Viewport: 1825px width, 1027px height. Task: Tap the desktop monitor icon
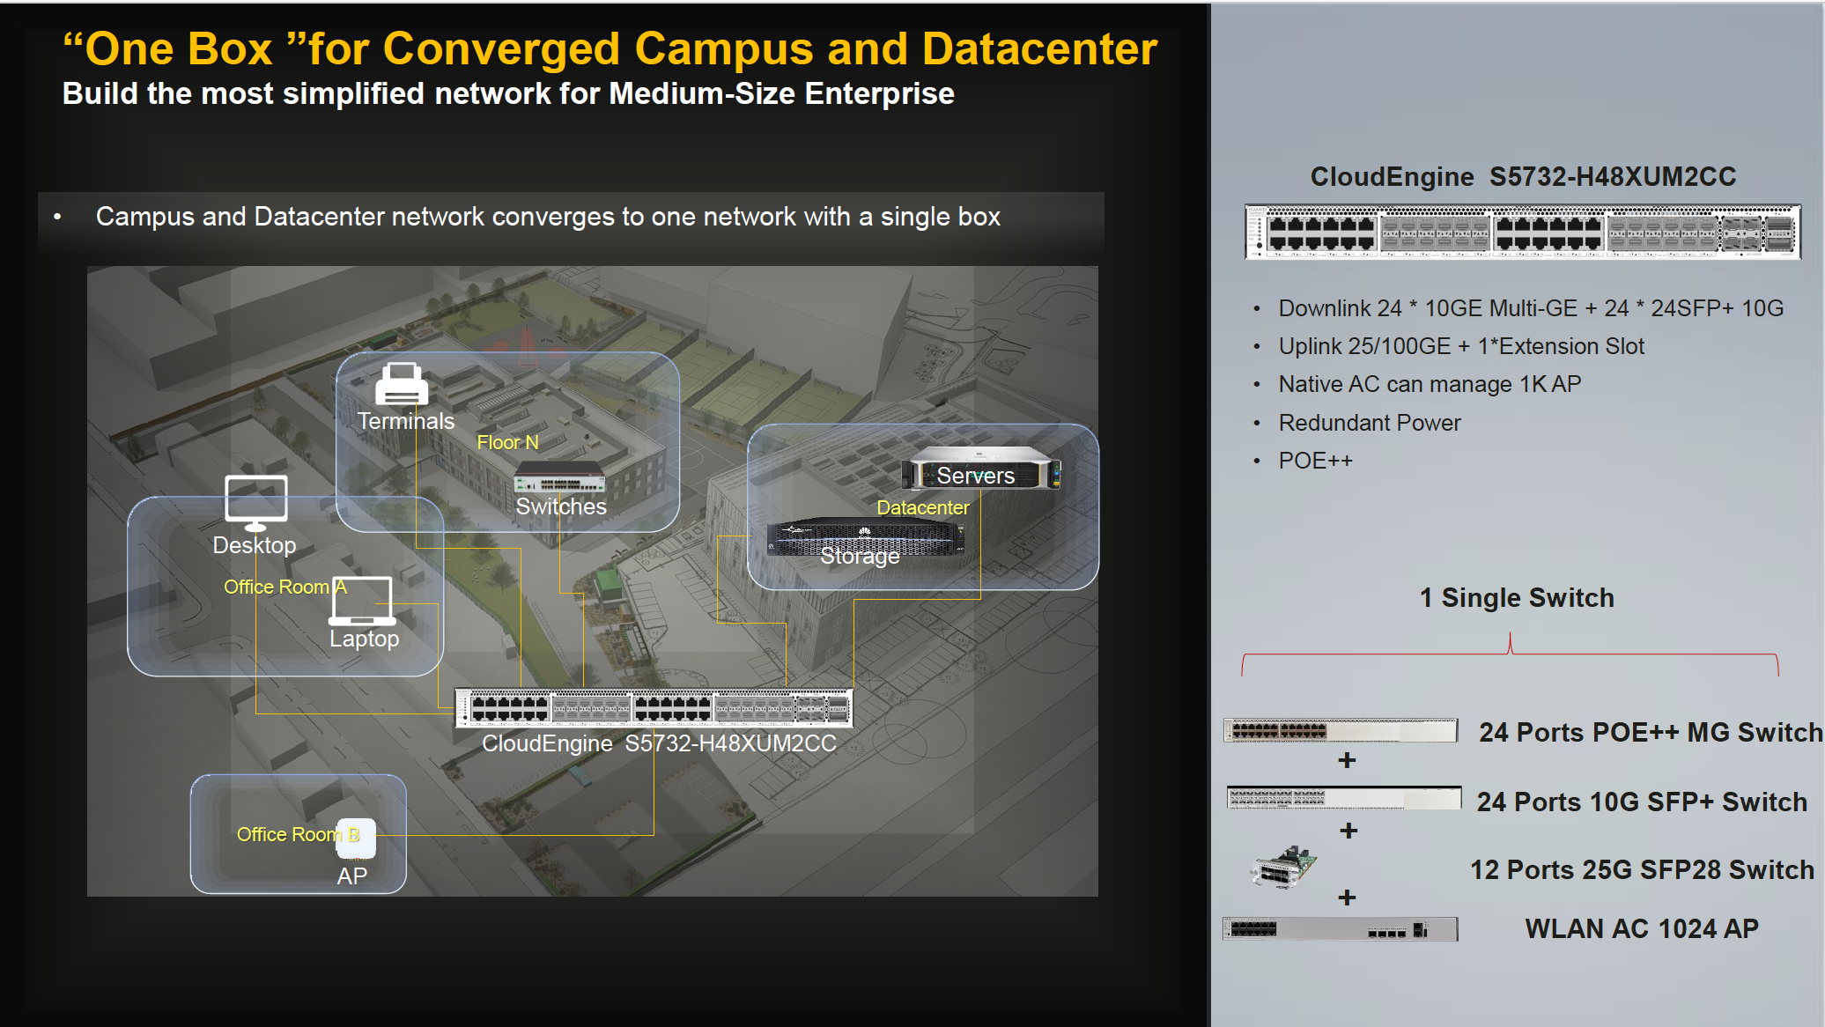click(255, 503)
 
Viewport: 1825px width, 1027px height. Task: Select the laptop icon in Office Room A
click(362, 601)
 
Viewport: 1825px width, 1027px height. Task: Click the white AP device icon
click(357, 839)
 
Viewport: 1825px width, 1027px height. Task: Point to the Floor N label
click(507, 442)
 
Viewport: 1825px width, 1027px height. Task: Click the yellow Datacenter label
click(922, 507)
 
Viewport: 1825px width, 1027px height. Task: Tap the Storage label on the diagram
click(860, 556)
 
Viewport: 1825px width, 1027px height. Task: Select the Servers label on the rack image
click(975, 476)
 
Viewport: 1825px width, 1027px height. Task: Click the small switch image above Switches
click(560, 477)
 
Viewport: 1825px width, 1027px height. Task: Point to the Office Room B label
click(298, 834)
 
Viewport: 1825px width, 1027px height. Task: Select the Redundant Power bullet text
click(1370, 423)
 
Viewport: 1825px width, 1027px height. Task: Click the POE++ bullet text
click(1315, 461)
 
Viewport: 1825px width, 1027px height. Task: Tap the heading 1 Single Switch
click(1517, 598)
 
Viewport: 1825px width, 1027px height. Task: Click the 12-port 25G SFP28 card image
click(1284, 867)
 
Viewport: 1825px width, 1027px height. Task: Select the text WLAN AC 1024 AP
click(1642, 928)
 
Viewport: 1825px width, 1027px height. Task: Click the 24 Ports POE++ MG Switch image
click(1341, 730)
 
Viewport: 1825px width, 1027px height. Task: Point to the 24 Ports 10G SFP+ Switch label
click(1642, 802)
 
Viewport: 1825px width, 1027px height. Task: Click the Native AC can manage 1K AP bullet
click(1430, 384)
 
